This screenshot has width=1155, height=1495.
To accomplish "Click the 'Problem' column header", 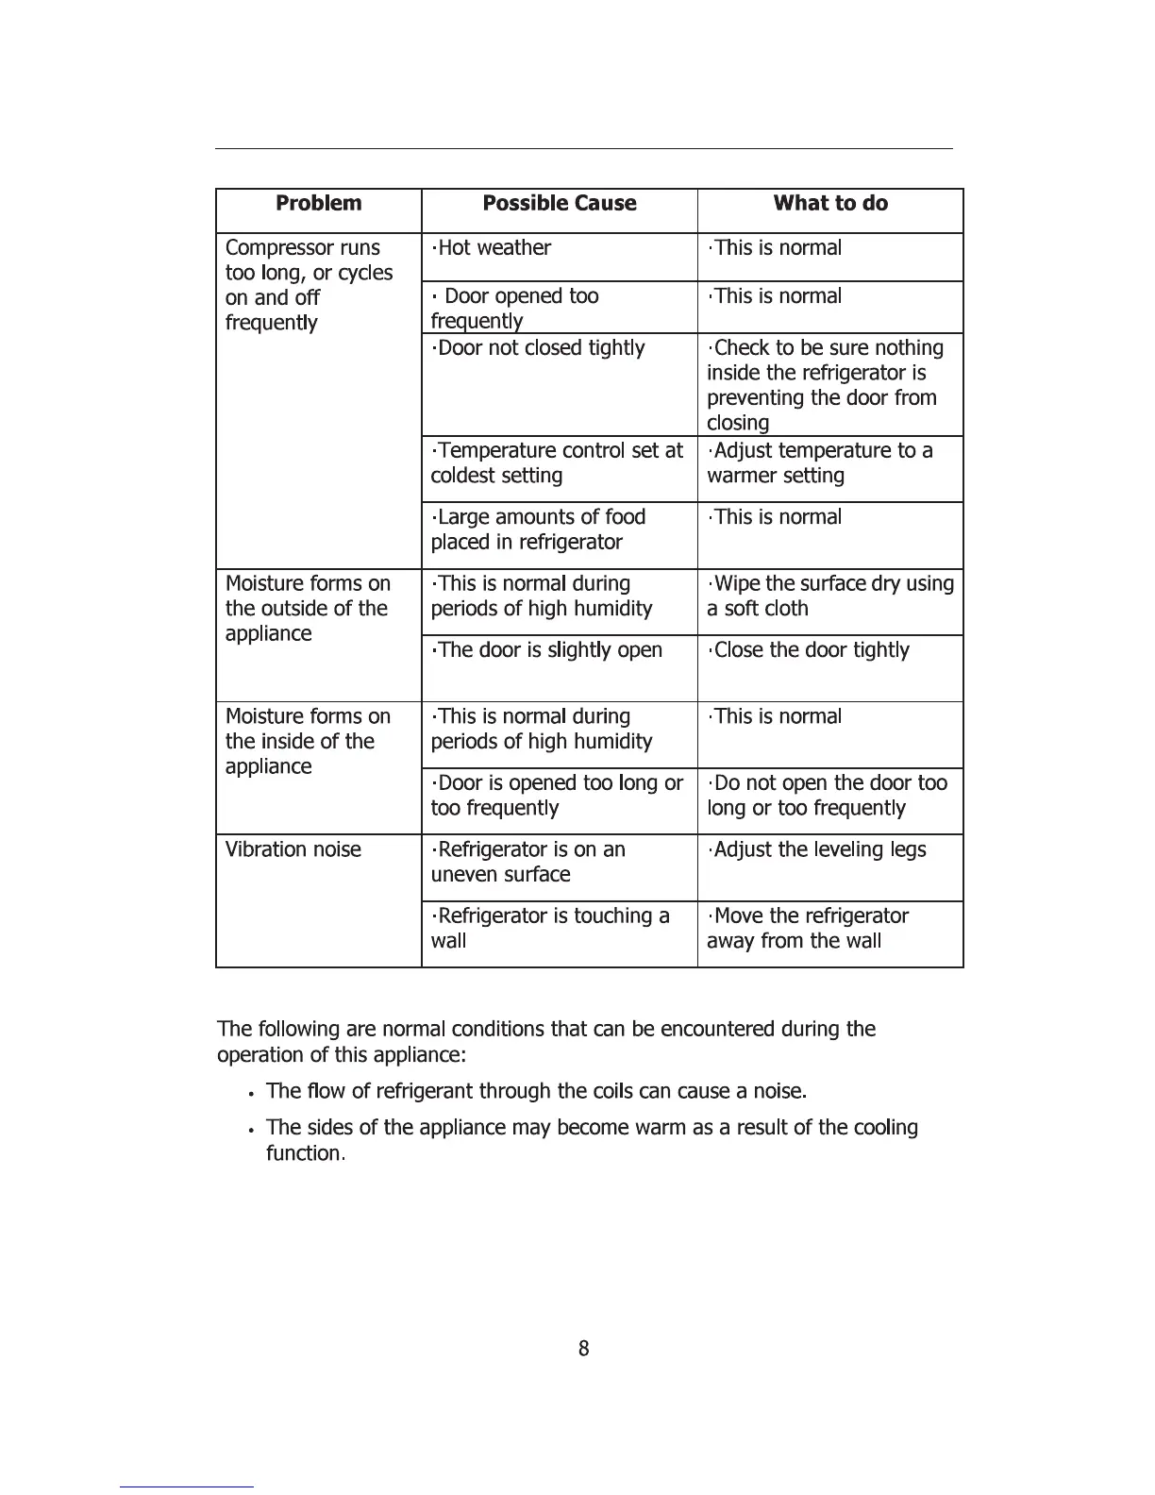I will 318,204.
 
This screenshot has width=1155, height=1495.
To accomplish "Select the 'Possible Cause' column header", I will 559,204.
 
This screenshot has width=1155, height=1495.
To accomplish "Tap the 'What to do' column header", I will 830,204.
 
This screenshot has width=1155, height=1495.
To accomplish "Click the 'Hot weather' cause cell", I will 491,248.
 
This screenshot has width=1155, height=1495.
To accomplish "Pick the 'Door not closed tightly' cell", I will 538,348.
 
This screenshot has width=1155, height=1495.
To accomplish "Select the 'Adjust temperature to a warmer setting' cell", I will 820,463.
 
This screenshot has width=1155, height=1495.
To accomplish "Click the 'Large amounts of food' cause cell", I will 538,529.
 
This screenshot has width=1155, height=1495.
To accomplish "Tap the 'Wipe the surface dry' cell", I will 830,596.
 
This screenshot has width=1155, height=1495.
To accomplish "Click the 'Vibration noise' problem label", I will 293,849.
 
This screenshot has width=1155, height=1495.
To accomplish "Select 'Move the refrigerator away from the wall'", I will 808,928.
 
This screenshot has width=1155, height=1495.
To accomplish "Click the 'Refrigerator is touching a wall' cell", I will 550,928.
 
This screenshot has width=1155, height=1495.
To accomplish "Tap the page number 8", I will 584,1349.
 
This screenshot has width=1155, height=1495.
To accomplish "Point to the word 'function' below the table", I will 304,1153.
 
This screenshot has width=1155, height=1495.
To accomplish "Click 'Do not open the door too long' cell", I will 827,796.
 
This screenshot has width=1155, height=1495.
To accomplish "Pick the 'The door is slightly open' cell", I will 547,650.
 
